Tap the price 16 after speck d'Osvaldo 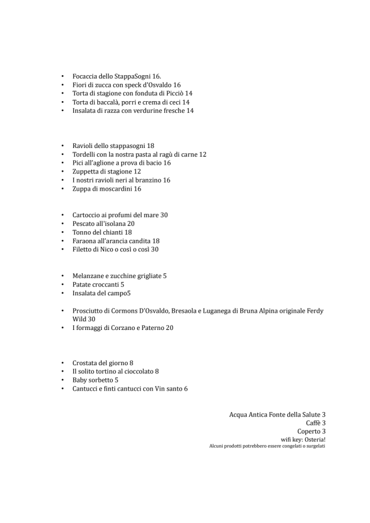tap(176, 85)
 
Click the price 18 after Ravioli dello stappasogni tap(150, 146)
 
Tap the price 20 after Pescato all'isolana tap(131, 224)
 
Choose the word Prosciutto tap(88, 311)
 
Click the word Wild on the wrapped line tap(79, 319)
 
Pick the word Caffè tap(312, 423)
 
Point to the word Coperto tap(309, 431)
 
